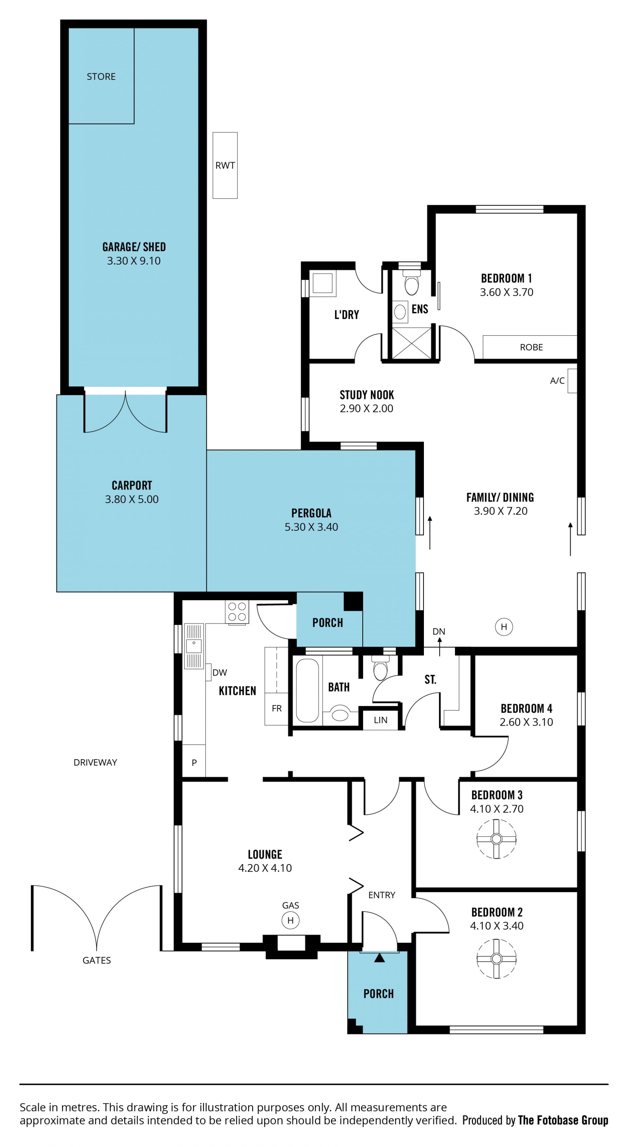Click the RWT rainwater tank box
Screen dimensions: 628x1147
(225, 165)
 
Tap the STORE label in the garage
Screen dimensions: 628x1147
(101, 77)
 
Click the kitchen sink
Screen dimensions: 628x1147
(194, 646)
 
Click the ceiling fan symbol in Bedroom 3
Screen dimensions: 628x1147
(496, 839)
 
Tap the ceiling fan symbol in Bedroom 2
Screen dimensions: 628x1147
(496, 959)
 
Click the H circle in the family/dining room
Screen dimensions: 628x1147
(504, 627)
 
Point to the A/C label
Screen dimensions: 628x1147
(557, 381)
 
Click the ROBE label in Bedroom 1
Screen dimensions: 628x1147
(532, 347)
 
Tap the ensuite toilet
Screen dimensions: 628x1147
(411, 282)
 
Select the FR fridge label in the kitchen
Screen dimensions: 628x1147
(277, 708)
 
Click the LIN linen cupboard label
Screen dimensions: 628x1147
(380, 720)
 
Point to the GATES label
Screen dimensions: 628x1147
(96, 961)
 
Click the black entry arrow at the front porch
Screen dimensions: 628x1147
(379, 957)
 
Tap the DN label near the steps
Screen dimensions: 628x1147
(439, 631)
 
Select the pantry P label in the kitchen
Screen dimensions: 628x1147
(194, 763)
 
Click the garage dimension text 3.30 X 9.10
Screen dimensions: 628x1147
(134, 261)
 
